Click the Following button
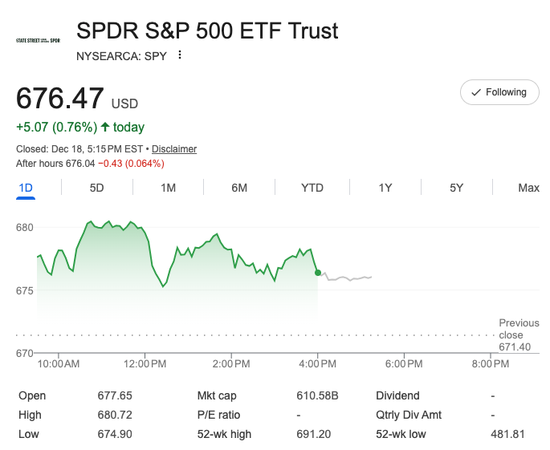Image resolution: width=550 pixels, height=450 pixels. (x=499, y=92)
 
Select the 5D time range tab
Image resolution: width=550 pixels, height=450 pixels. (x=96, y=188)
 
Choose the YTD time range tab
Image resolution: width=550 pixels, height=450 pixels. (x=312, y=188)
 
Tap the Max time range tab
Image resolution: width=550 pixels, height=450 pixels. (x=528, y=188)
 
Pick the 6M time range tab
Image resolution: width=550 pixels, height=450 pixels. (x=239, y=188)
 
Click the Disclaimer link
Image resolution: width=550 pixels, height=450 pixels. (x=174, y=149)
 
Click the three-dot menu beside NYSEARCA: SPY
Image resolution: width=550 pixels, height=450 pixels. (x=180, y=55)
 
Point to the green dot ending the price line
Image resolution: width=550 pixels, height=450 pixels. (x=318, y=273)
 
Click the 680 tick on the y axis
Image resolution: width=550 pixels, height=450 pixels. (x=25, y=227)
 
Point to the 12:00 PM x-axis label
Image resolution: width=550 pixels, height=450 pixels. (x=145, y=364)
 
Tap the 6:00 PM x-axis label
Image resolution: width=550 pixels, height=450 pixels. (x=404, y=364)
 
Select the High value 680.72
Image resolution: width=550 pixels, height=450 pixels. (x=114, y=415)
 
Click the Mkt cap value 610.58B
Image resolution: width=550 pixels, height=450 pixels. (x=317, y=395)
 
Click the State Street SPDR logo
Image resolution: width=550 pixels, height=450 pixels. (x=39, y=39)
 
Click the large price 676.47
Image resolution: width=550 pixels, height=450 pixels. (x=60, y=99)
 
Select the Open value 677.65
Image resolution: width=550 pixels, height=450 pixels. (x=114, y=395)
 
